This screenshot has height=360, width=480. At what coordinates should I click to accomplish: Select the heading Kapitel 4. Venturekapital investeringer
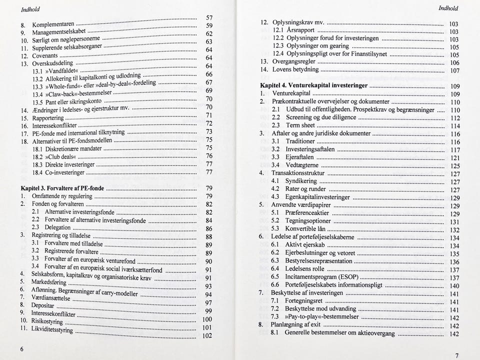(x=314, y=85)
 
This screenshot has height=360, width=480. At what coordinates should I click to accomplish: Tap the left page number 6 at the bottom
(x=21, y=348)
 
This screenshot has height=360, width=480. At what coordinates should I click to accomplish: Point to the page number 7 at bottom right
(x=456, y=355)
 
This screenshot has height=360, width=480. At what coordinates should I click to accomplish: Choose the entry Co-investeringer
(x=58, y=172)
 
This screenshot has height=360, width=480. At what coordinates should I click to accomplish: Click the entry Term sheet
(x=300, y=125)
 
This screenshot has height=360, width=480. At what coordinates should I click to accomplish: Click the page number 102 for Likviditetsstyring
(x=206, y=336)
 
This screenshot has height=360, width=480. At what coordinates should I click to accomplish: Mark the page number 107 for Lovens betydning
(x=454, y=71)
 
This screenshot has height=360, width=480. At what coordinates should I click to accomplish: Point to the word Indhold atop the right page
(x=448, y=8)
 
